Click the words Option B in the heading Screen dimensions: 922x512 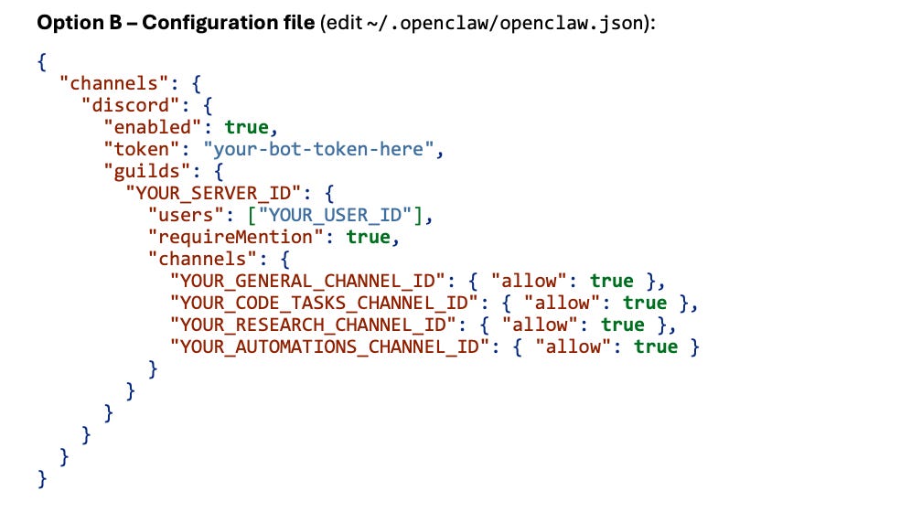pos(78,22)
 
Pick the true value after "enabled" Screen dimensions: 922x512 pos(247,126)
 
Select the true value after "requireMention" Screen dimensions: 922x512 pos(370,237)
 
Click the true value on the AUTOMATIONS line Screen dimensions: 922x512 pos(656,347)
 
